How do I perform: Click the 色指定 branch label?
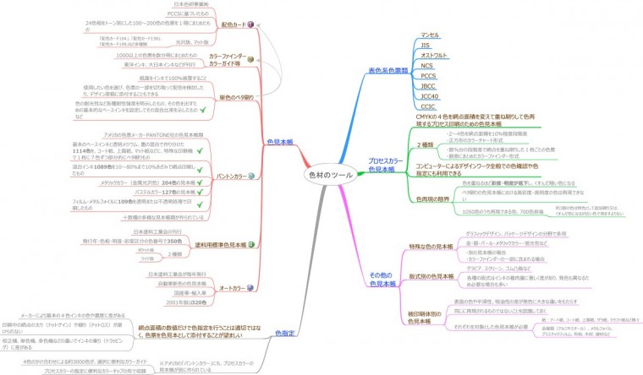click(285, 332)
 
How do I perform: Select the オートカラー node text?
click(233, 289)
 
